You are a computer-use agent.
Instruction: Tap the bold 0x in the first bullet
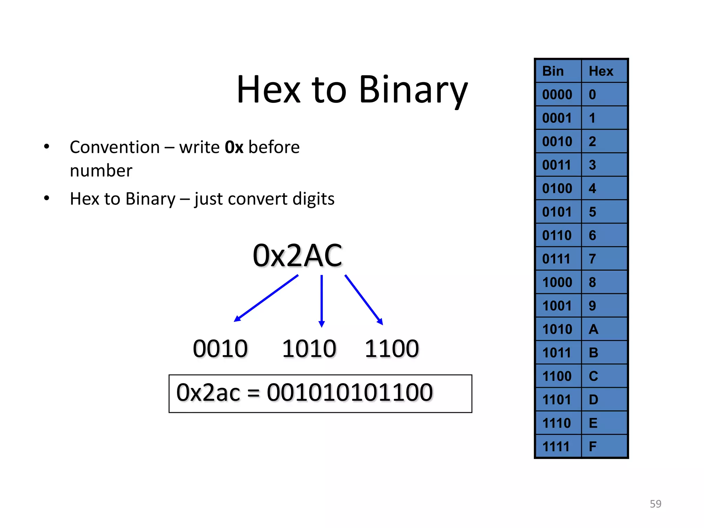coord(234,147)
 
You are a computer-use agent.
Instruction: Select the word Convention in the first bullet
coord(115,147)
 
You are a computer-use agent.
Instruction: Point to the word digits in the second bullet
coord(313,199)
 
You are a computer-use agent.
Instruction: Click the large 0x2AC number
coord(297,256)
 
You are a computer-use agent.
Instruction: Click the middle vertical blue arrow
coord(322,301)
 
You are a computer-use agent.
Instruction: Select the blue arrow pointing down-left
coord(266,298)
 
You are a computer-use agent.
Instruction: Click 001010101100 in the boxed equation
coord(350,393)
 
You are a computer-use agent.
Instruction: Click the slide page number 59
coord(655,504)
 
